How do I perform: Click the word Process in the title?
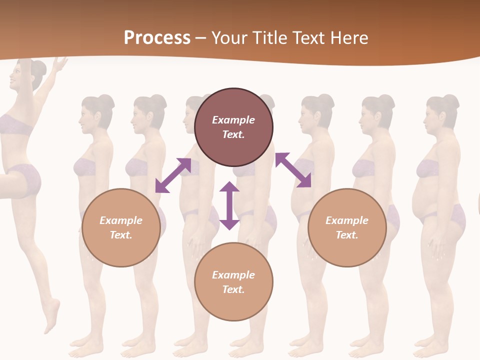pos(157,38)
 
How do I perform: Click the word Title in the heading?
pos(268,38)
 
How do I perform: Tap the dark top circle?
pos(233,127)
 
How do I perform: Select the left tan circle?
pos(121,227)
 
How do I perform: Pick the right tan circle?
pos(347,227)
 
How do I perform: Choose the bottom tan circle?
pos(233,282)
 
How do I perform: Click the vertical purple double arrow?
pos(229,205)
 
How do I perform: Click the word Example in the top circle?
pos(233,120)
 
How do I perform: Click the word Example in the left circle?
pos(121,220)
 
